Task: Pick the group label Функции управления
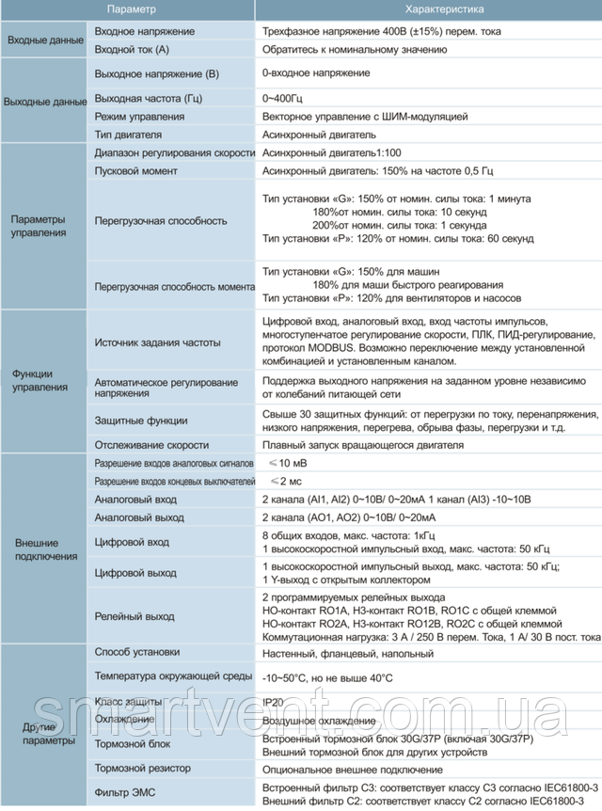39,380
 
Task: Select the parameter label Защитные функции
142,421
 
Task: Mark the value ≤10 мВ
286,464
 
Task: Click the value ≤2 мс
283,481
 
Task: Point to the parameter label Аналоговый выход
140,517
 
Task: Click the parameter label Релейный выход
135,617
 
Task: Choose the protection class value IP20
273,701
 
